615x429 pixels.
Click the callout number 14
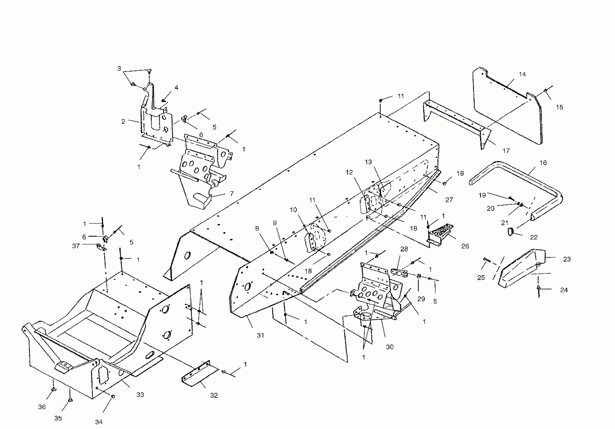(522, 74)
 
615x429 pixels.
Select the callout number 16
(543, 163)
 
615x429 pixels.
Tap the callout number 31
(260, 335)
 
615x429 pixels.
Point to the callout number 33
(140, 394)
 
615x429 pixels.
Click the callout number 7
(232, 193)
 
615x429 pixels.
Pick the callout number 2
(123, 122)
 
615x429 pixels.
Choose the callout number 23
(567, 259)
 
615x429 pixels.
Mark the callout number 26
(465, 246)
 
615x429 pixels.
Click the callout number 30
(390, 347)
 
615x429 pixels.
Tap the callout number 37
(76, 246)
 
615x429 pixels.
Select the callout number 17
(506, 150)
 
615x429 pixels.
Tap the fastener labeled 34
(113, 396)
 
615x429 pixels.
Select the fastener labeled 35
(70, 400)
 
